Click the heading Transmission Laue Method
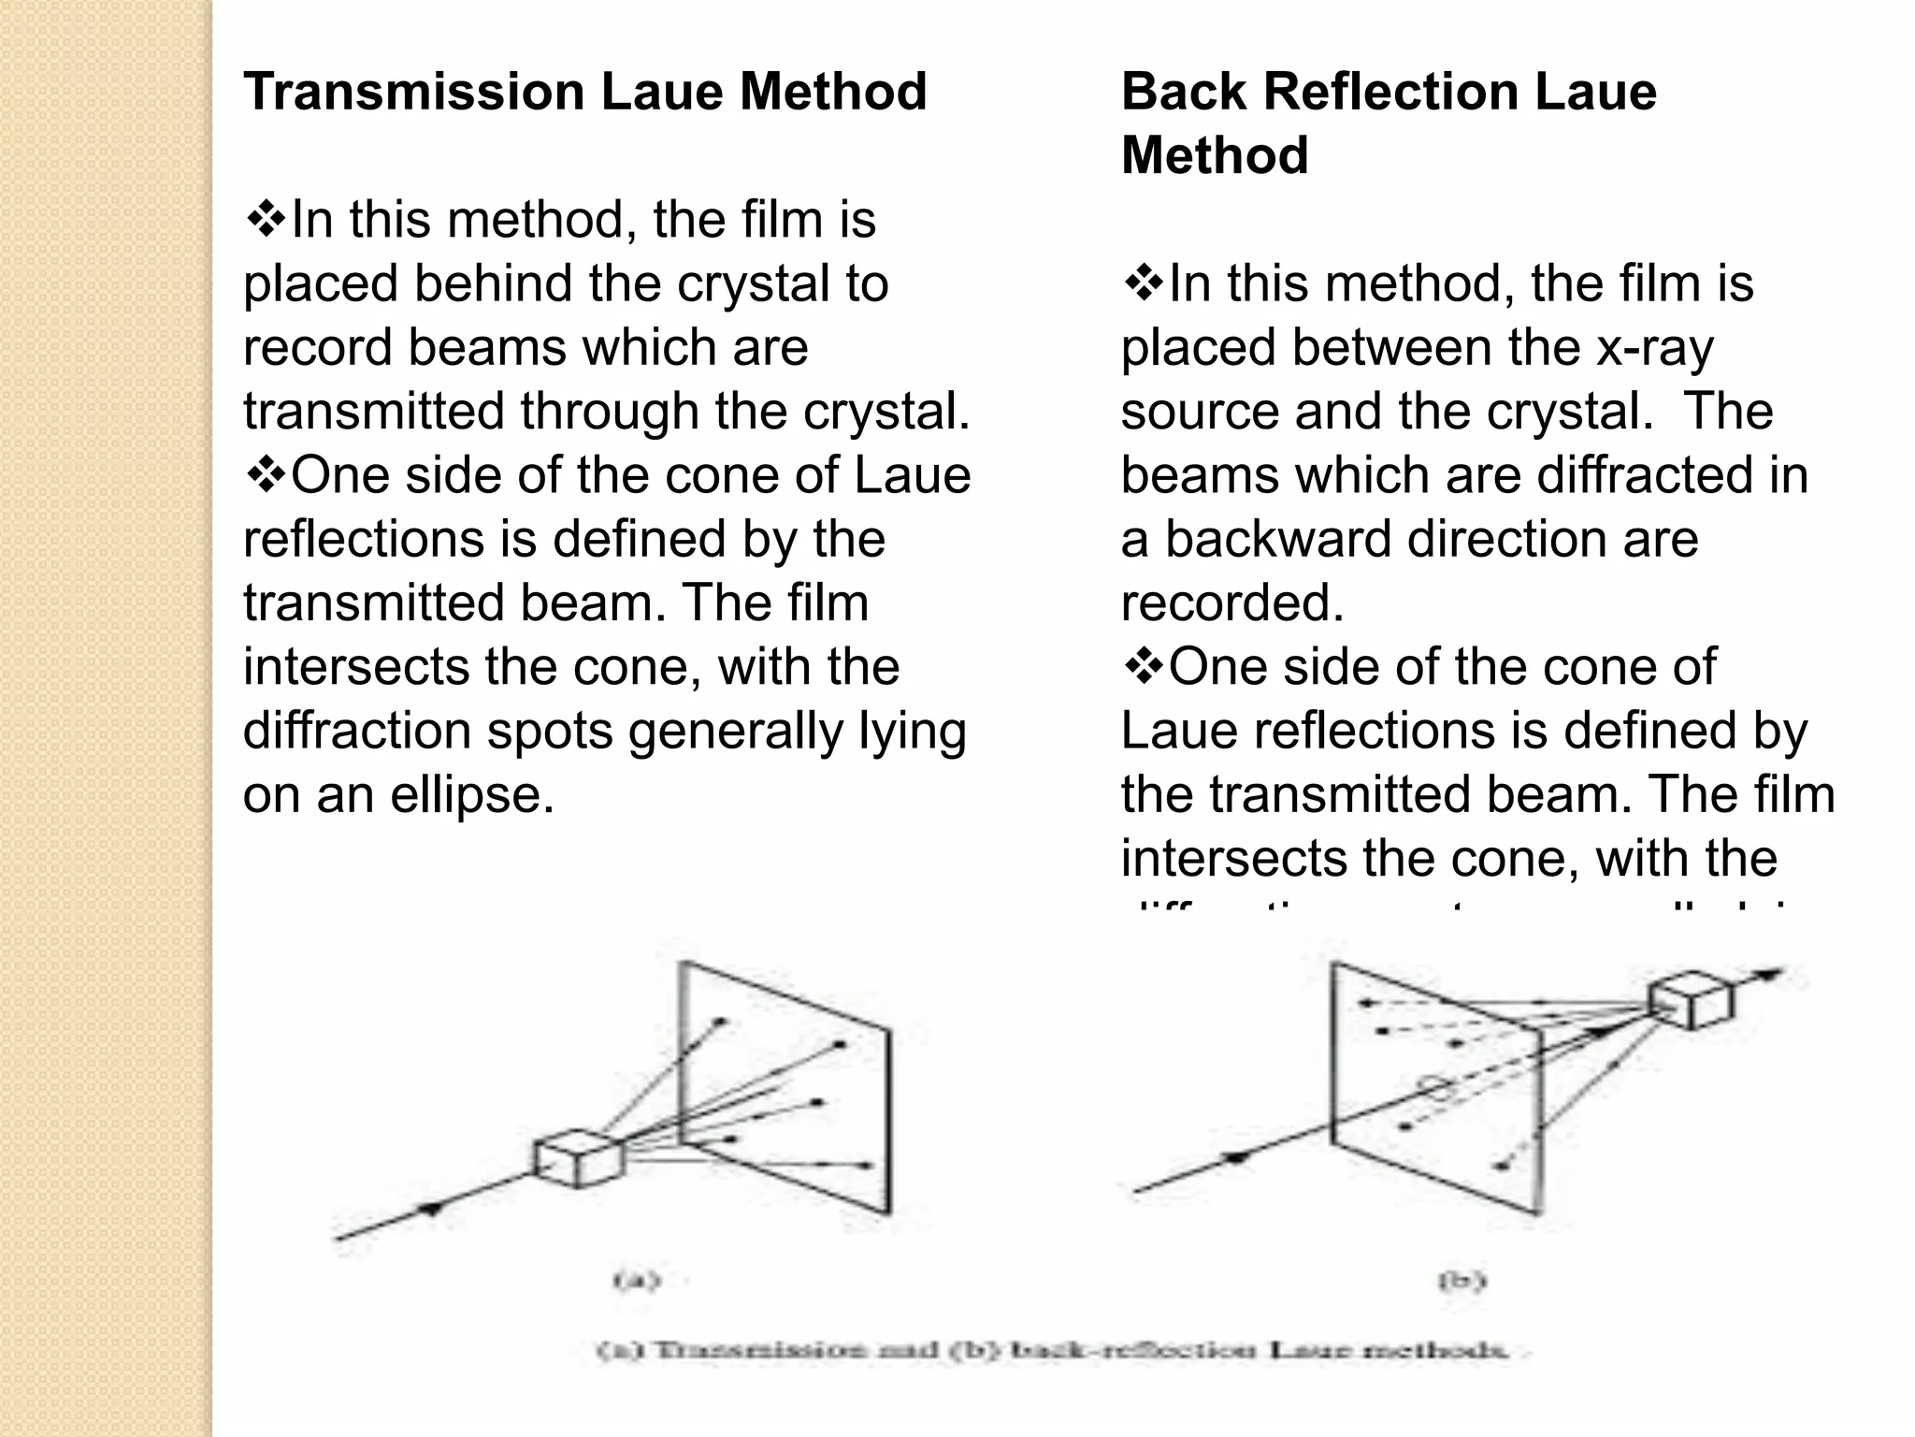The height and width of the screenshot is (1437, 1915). coord(584,92)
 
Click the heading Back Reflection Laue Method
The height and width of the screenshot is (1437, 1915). coord(1388,123)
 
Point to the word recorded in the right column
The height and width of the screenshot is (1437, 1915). coord(1231,603)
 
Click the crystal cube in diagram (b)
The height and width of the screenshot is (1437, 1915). coord(1690,1000)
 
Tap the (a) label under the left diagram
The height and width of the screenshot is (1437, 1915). coord(637,1279)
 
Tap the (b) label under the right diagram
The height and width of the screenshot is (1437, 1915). coord(1461,1279)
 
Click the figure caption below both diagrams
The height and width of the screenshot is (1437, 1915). coord(1052,1351)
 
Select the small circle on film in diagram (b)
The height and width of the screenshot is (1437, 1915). coord(1437,1087)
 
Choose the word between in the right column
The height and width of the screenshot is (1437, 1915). coord(1390,348)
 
